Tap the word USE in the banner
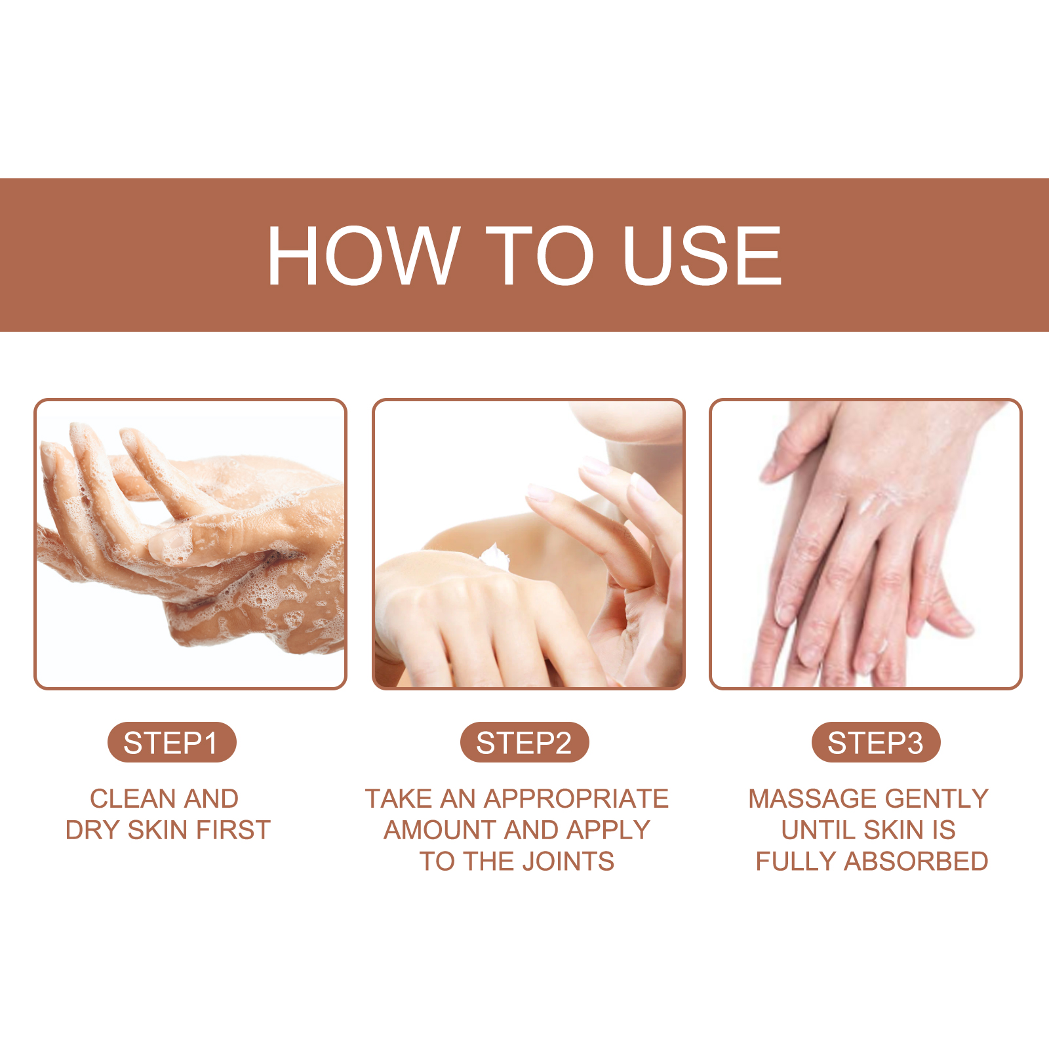(x=702, y=255)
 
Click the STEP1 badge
(x=171, y=743)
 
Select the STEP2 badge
(x=524, y=743)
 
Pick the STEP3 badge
(x=875, y=743)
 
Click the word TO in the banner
(x=539, y=255)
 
